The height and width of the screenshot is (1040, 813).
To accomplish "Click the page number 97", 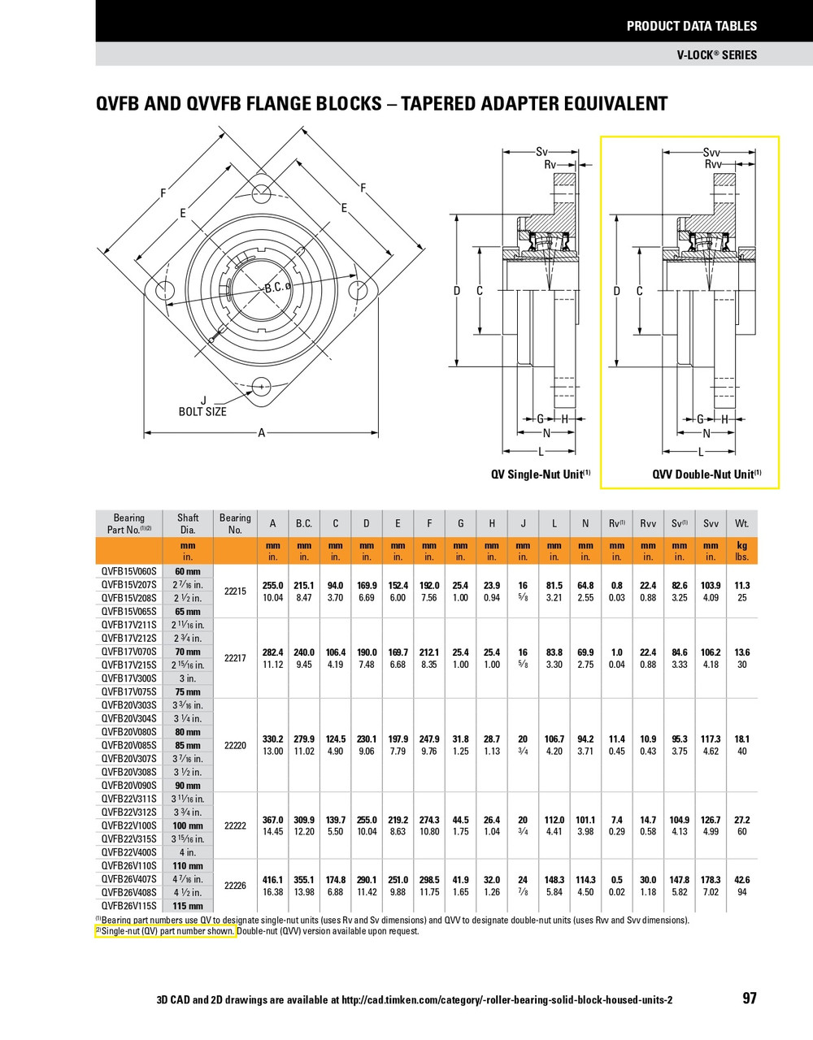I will click(x=749, y=998).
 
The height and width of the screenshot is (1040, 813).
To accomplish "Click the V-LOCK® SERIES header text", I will click(x=716, y=55).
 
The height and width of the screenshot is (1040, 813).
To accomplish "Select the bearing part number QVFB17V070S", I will click(x=128, y=652).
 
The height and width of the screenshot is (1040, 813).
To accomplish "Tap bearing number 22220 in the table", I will click(x=235, y=745).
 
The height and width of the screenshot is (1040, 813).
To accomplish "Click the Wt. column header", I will click(x=741, y=524).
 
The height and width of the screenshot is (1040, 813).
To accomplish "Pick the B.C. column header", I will click(x=304, y=524).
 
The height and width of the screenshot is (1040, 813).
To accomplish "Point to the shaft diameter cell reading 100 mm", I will click(x=188, y=825).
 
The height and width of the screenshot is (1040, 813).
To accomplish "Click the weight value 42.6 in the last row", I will click(x=741, y=880).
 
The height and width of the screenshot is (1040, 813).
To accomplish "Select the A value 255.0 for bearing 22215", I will click(x=272, y=585).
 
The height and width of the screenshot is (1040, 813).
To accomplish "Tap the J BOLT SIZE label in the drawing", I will click(x=202, y=406).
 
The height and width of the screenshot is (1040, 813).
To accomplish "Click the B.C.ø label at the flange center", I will click(x=277, y=288).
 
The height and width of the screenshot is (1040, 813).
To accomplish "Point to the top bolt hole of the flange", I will click(x=262, y=193).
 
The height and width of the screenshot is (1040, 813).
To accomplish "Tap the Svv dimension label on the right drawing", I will click(x=711, y=152).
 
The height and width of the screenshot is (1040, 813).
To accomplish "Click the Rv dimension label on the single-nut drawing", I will click(x=550, y=163).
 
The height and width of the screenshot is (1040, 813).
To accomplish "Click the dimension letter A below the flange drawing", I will click(x=262, y=433).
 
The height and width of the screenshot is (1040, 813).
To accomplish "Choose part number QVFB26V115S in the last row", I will click(x=128, y=906).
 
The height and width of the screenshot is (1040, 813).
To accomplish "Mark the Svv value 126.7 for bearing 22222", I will click(x=711, y=820).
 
